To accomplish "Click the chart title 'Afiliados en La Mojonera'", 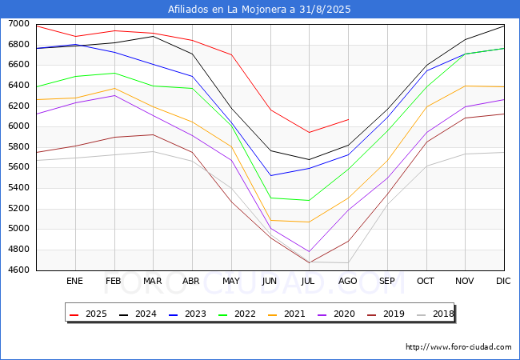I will coord(259,10).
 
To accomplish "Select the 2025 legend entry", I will coord(90,314).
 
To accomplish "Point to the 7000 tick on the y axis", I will coord(18,24).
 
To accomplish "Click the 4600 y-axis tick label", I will coord(18,270).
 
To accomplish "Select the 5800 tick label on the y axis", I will coord(18,147).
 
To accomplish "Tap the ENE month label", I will coord(75,282).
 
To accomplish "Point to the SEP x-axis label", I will coord(387,282).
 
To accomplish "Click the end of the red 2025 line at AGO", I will coord(348,119).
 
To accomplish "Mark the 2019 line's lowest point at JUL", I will coord(309,262).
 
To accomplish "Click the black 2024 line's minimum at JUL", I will coord(309,159).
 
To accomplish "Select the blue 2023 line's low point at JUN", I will coord(270,175).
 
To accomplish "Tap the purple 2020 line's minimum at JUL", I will coord(309,252).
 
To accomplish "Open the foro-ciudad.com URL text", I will coord(458,347).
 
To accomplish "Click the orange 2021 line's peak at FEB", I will coord(114,88).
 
